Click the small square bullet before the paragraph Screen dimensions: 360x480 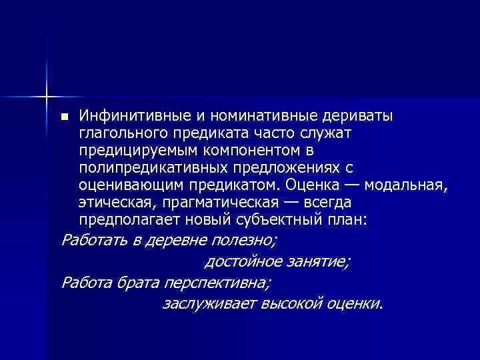click(x=64, y=117)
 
